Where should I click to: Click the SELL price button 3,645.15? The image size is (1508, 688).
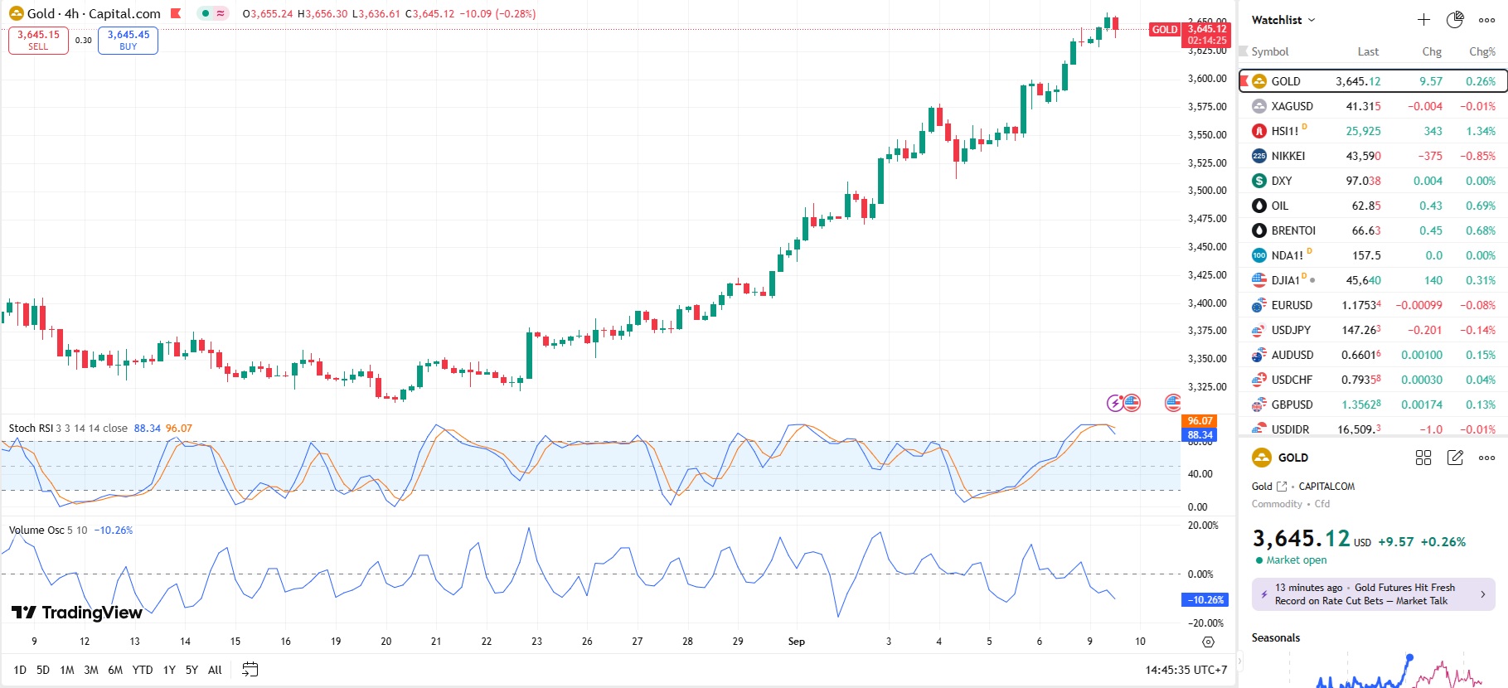[38, 40]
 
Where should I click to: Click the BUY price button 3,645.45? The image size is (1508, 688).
[128, 40]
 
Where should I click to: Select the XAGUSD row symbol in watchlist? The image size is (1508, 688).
[1292, 106]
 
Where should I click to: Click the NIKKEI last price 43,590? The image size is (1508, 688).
[1363, 156]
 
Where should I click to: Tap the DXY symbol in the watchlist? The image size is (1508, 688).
[1281, 181]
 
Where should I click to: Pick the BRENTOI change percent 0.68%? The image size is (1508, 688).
[1480, 230]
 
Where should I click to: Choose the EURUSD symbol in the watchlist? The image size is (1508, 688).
[1292, 305]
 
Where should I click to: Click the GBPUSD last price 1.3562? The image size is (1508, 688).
[1361, 405]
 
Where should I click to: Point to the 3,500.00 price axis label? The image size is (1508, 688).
[1206, 191]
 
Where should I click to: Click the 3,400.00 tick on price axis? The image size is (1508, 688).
[1206, 303]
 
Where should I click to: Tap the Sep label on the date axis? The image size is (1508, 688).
[796, 642]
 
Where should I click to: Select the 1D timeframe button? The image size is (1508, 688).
[20, 670]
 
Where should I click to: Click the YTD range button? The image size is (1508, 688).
[143, 670]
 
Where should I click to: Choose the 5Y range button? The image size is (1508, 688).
[192, 670]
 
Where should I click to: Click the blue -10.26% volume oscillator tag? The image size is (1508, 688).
[1204, 600]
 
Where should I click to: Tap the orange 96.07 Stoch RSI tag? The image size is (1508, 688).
[1200, 421]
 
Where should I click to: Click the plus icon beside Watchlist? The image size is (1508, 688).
[1423, 20]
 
